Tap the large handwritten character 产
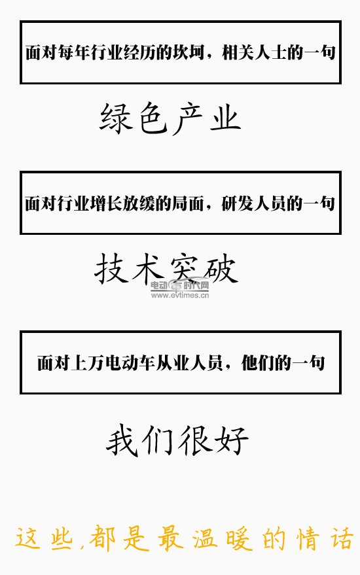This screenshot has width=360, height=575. coord(187,118)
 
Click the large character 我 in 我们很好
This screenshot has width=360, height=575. coord(123,440)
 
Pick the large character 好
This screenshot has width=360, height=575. coord(232,440)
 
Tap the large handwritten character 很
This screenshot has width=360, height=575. coord(195,440)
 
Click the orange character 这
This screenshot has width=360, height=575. coord(28,538)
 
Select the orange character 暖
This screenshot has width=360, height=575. coord(240,538)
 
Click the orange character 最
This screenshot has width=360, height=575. coord(171,538)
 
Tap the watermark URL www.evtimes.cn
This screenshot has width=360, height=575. coord(180,295)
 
